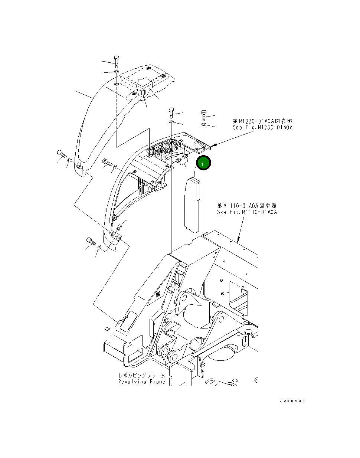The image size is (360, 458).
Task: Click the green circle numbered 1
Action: pos(203,163)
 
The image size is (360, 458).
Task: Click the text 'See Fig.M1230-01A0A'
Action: pos(262,127)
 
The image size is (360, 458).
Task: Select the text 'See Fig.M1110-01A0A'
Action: pos(247,212)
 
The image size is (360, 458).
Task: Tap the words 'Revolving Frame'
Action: pos(142,382)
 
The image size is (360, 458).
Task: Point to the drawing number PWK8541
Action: pos(293,401)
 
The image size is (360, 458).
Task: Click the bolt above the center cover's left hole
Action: pos(171,112)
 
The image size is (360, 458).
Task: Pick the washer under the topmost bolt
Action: pos(116,71)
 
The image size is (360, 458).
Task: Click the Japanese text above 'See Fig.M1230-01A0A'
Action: pos(262,121)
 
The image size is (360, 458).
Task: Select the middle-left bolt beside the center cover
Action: pos(107,162)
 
